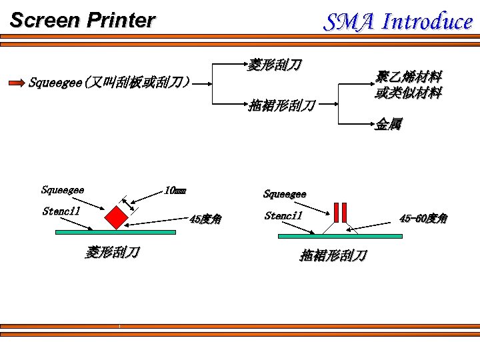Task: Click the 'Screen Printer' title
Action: [82, 20]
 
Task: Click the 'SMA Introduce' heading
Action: [398, 21]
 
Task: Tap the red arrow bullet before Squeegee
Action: [16, 83]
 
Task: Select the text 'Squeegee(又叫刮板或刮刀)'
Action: [109, 83]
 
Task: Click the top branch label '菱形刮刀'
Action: [274, 65]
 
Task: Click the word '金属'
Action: [388, 124]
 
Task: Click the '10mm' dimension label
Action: [175, 191]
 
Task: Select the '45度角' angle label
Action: [205, 219]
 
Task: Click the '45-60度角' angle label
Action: [423, 218]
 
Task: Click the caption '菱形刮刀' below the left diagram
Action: [112, 252]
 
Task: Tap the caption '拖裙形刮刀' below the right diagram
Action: [333, 255]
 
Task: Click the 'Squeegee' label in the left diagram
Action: [63, 190]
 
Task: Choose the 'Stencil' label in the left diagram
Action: [61, 211]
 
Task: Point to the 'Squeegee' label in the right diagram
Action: [285, 194]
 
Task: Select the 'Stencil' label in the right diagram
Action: [283, 215]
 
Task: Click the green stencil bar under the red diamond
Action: [115, 233]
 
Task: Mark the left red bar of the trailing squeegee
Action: [337, 211]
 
